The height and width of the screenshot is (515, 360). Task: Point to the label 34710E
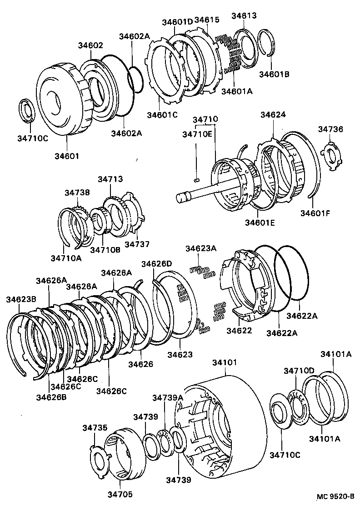[x=197, y=134]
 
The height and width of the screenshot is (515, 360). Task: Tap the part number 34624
[x=273, y=115]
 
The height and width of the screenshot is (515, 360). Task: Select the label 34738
[x=76, y=193]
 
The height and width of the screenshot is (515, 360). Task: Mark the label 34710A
[x=66, y=258]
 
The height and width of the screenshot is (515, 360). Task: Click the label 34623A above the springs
[x=200, y=248]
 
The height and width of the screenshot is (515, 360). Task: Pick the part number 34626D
[x=157, y=264]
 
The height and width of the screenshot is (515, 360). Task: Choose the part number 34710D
[x=299, y=371]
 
